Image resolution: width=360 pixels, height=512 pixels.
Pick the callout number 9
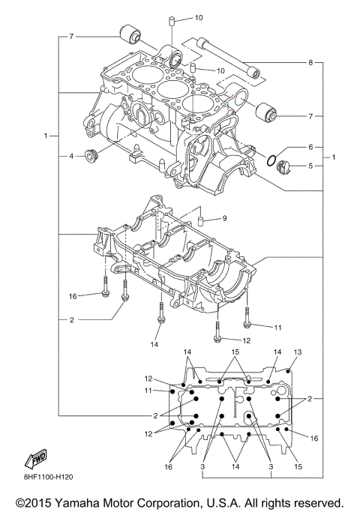pos(223,219)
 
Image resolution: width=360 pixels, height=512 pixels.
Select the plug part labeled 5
pos(283,166)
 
